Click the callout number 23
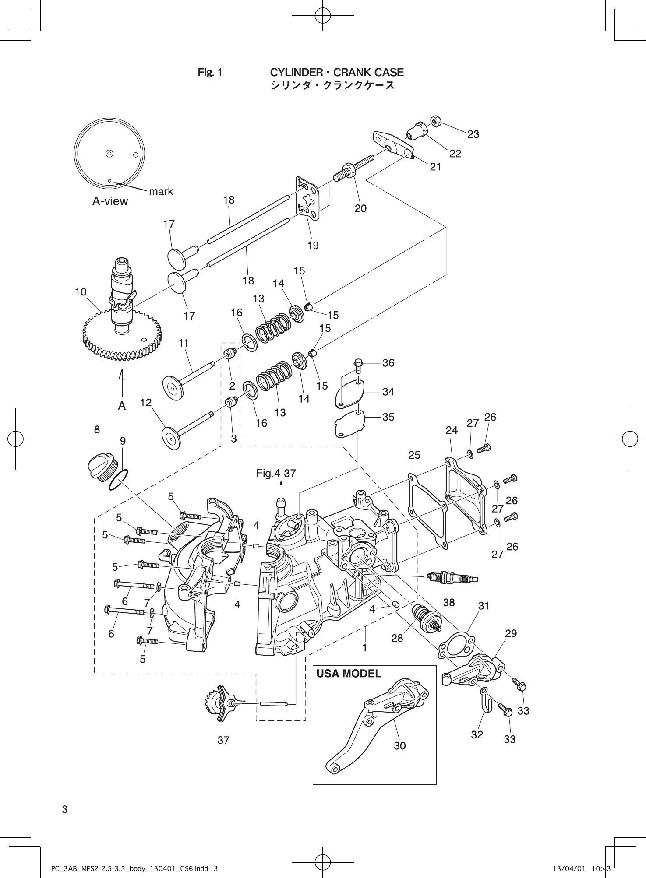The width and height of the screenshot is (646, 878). pyautogui.click(x=473, y=134)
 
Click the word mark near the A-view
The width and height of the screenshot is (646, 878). pyautogui.click(x=161, y=191)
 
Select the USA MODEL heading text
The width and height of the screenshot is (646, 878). pyautogui.click(x=349, y=673)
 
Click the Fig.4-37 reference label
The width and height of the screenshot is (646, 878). pyautogui.click(x=276, y=473)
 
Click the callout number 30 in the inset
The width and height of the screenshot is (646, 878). pyautogui.click(x=399, y=745)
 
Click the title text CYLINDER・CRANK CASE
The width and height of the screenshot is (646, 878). pyautogui.click(x=337, y=72)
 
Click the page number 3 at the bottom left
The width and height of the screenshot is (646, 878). pyautogui.click(x=64, y=809)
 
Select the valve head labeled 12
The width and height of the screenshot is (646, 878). pyautogui.click(x=171, y=437)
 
